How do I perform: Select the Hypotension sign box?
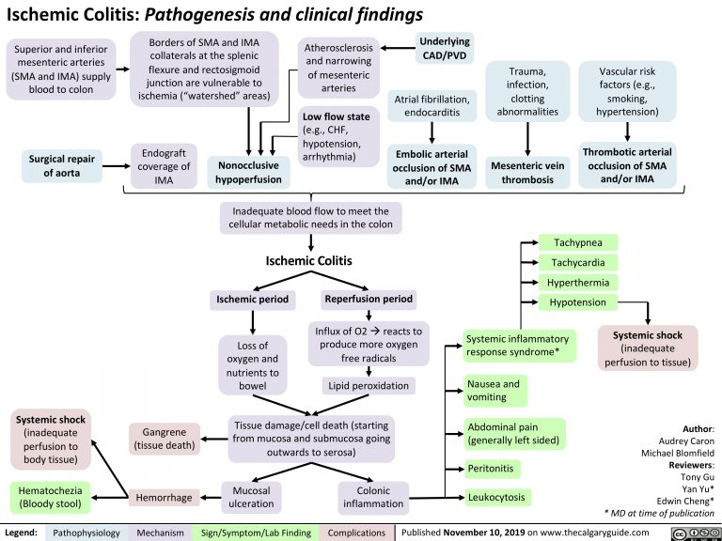tap(578, 302)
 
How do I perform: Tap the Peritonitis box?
tap(493, 468)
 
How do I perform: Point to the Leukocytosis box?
tap(497, 496)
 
